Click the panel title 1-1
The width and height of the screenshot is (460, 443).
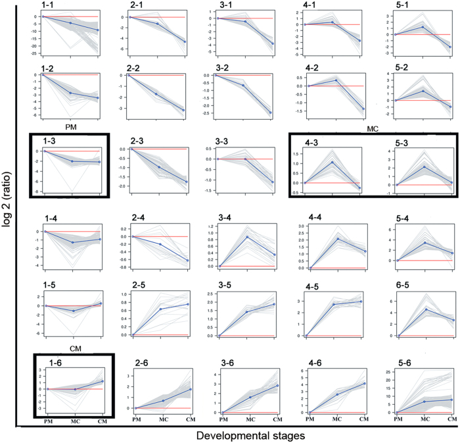[32, 6]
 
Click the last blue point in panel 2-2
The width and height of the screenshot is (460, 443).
[183, 110]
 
